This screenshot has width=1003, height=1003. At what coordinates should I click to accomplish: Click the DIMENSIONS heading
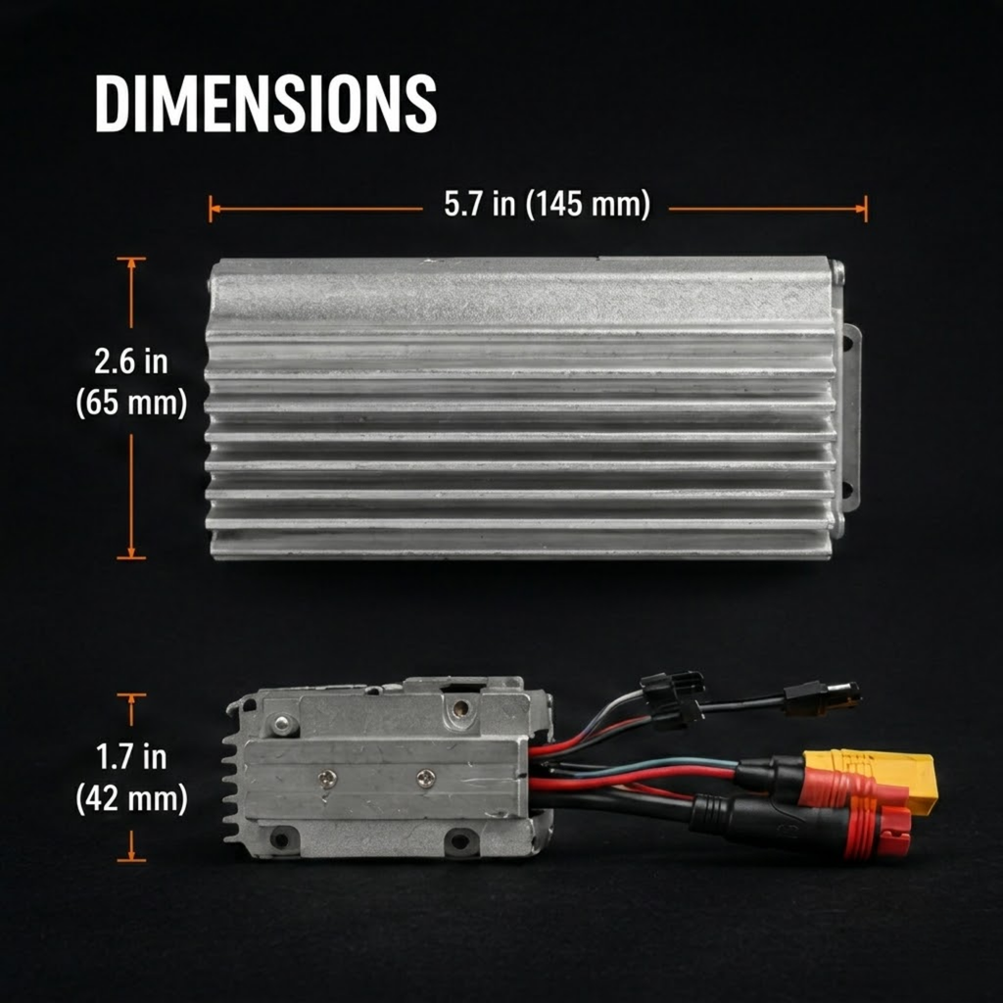[x=265, y=104]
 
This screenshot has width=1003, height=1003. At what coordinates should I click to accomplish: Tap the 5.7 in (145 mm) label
[x=547, y=204]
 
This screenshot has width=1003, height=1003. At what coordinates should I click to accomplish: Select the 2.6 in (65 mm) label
[x=131, y=382]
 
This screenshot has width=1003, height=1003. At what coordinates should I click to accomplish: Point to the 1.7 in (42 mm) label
[x=132, y=778]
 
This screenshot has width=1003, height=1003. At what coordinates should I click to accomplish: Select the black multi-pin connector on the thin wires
[x=673, y=699]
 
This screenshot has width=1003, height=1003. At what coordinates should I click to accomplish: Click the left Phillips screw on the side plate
[x=327, y=778]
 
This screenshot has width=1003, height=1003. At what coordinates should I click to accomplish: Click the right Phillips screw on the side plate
[x=426, y=779]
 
